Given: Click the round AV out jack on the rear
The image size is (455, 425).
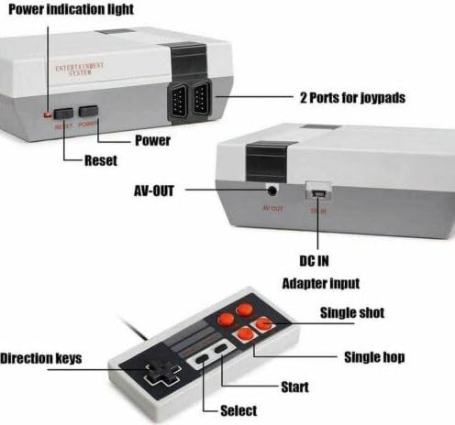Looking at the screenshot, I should tap(272, 191).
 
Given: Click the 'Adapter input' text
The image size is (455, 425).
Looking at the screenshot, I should tap(319, 284).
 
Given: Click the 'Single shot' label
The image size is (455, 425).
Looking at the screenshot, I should tap(351, 313).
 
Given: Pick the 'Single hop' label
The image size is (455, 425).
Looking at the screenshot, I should tap(374, 356).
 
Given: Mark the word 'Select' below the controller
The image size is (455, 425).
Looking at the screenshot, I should tap(239, 410).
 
